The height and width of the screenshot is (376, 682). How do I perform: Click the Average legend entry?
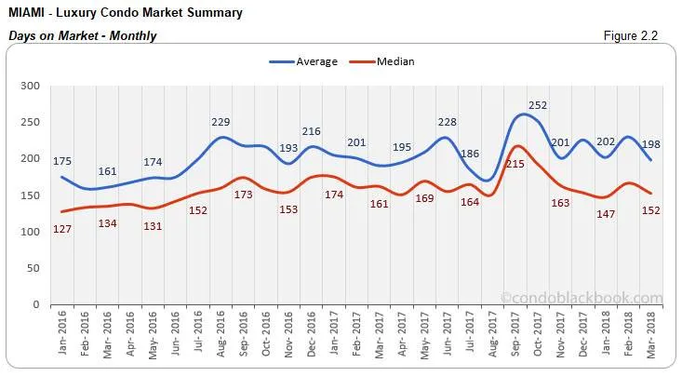click(x=309, y=61)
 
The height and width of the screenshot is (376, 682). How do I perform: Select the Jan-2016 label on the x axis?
click(x=62, y=334)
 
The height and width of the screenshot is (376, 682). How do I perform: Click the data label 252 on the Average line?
click(x=538, y=105)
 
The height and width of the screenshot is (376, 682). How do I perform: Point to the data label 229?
click(x=220, y=122)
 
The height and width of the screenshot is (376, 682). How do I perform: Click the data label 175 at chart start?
click(x=61, y=161)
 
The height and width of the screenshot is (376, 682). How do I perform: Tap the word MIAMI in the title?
click(x=29, y=13)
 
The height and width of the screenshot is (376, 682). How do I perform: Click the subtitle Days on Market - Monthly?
click(x=83, y=35)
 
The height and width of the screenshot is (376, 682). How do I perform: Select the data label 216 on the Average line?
click(x=312, y=132)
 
